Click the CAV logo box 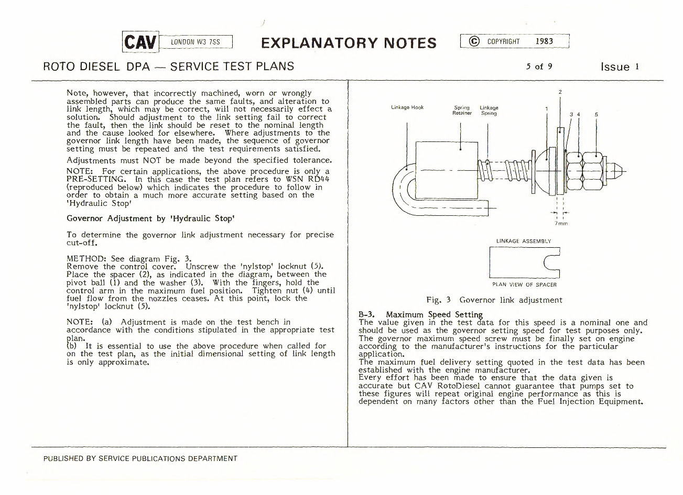140,42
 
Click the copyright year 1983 544,41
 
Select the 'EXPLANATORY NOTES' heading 348,43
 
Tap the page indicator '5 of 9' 539,67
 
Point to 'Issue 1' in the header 620,67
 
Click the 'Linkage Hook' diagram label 407,107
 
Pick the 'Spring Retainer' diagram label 462,111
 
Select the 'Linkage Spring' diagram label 489,111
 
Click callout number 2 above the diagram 560,92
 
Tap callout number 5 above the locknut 596,114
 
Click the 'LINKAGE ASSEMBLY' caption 523,241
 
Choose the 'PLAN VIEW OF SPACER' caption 524,284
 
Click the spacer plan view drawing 524,262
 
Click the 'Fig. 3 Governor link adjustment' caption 494,300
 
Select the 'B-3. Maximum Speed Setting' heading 420,315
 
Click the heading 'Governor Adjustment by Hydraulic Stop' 150,218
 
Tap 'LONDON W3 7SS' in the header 195,42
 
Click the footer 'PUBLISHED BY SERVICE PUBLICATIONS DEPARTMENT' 140,458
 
